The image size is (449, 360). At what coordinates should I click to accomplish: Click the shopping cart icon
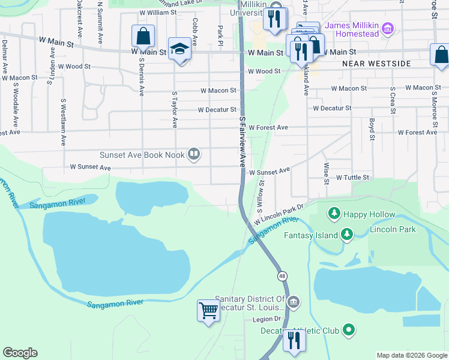(208, 311)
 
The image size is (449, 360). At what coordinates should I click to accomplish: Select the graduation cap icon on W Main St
(179, 49)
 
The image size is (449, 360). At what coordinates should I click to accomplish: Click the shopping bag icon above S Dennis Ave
(143, 36)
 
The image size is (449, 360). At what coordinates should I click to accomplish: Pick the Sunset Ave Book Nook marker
(194, 155)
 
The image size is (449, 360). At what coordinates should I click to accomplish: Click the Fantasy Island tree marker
(346, 235)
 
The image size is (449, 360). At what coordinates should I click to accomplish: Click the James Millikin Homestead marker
(388, 28)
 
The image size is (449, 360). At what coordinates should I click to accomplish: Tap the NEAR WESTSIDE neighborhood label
(376, 63)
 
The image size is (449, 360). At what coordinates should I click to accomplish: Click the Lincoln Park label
(393, 230)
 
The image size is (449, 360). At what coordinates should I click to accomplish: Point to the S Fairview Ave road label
(243, 143)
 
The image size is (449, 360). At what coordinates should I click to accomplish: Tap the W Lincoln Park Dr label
(280, 214)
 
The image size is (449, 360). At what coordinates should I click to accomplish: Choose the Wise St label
(326, 172)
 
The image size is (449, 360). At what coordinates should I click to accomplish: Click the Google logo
(20, 353)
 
